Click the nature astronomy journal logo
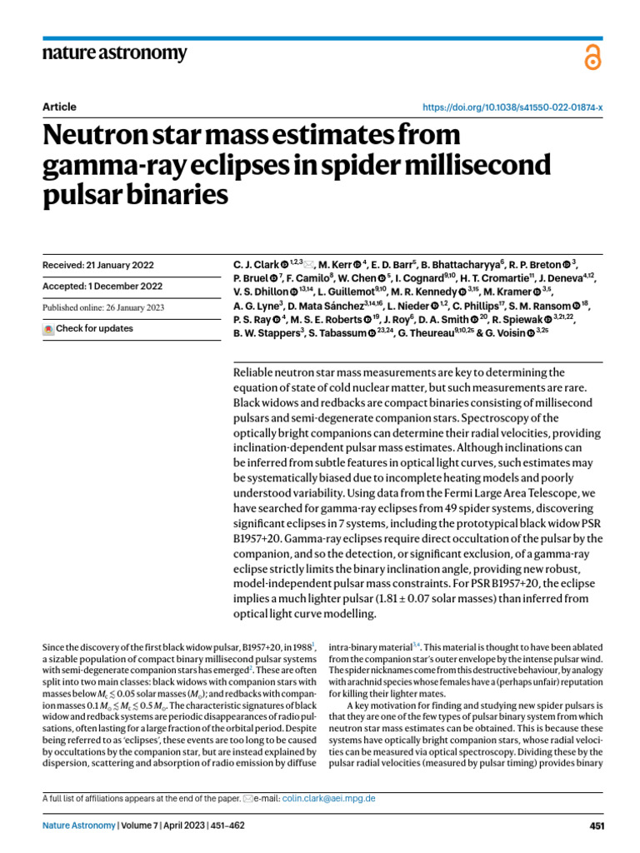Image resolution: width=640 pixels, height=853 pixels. [x=114, y=53]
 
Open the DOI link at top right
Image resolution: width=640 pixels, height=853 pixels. [x=513, y=108]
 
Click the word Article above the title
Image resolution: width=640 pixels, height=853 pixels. [x=59, y=107]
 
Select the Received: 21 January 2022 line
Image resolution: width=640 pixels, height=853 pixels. [x=97, y=265]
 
